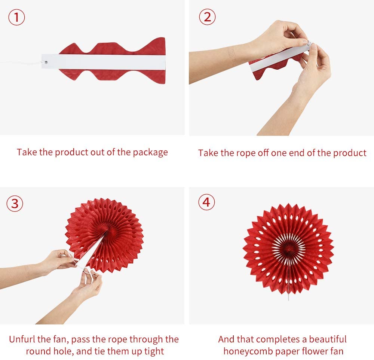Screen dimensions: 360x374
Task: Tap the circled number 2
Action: [206, 17]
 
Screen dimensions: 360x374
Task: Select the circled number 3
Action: [15, 204]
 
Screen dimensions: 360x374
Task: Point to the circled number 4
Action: [206, 202]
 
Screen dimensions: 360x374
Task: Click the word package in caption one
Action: [150, 153]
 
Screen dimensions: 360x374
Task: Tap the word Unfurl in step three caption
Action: [21, 339]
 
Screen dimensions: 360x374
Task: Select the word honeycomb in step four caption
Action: [251, 351]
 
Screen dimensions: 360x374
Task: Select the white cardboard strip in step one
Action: [105, 61]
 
